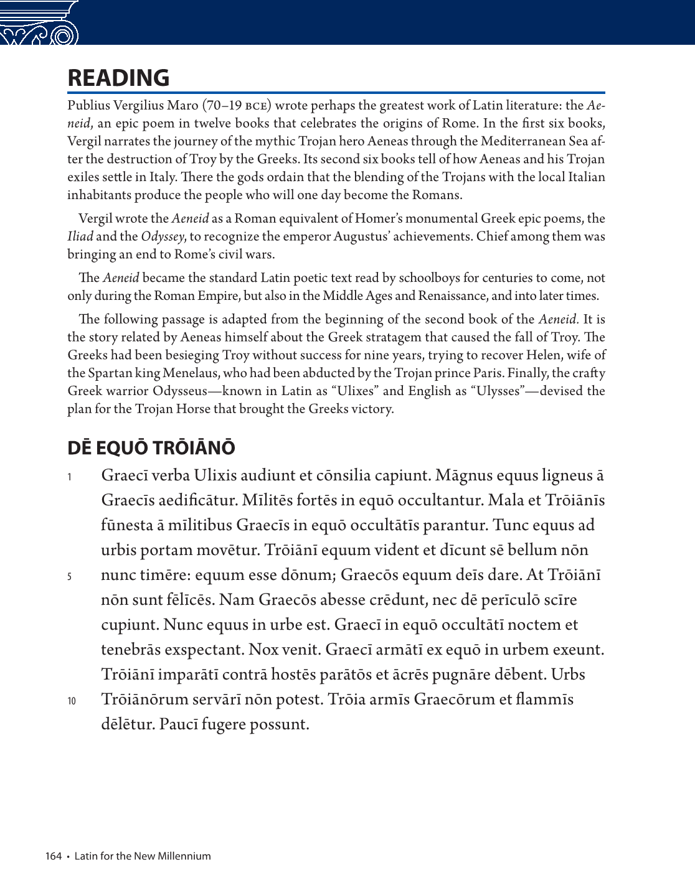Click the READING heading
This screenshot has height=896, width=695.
click(118, 78)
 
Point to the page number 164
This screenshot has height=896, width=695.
click(54, 856)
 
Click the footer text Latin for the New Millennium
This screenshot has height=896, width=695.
click(143, 856)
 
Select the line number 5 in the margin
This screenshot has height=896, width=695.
click(70, 577)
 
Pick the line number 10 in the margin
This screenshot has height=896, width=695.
click(72, 701)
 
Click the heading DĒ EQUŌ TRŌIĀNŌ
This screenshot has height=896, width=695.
click(151, 448)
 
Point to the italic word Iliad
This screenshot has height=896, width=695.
click(80, 236)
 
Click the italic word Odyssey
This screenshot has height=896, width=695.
click(163, 236)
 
